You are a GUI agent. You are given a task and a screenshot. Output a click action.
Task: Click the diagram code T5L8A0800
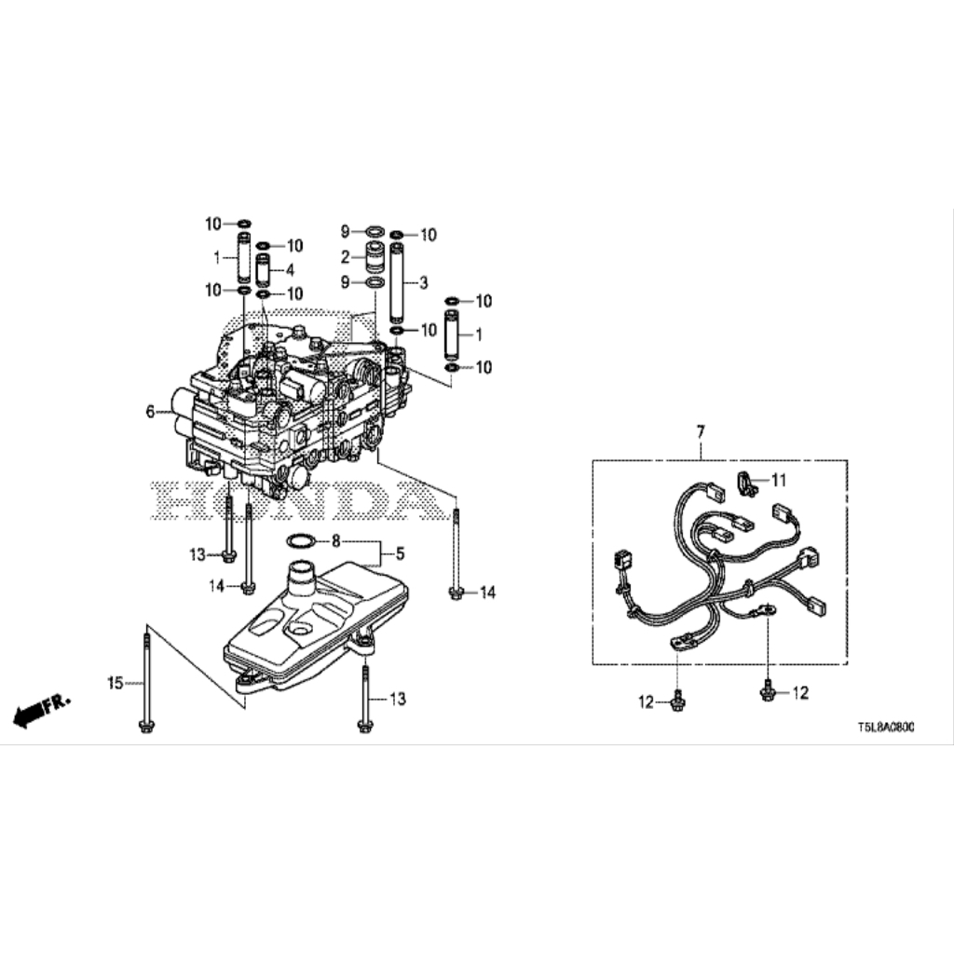coord(885,728)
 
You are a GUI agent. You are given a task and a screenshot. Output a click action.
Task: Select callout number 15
coord(115,683)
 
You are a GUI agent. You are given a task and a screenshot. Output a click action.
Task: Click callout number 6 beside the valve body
coord(150,412)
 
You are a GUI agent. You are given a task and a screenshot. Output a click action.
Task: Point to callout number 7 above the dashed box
coord(701,432)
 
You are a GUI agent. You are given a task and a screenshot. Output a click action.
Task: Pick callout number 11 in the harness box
coord(779,481)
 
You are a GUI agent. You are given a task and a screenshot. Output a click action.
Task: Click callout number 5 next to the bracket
coord(400,553)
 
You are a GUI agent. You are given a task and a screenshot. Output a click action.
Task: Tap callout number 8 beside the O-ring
coord(335,540)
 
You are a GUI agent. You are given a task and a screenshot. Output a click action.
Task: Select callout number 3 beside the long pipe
coord(424,282)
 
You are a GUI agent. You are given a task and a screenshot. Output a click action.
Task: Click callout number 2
coord(345,257)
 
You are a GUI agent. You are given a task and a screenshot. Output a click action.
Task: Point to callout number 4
coord(290,269)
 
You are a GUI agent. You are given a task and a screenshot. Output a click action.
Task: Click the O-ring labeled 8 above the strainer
coord(300,541)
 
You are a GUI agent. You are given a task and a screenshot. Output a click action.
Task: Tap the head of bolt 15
coord(146,726)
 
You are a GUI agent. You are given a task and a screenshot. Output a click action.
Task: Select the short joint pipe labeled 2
coord(375,258)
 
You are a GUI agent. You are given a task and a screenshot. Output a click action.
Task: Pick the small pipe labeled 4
coord(263,269)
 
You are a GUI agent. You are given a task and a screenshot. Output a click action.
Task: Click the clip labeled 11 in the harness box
coord(747,483)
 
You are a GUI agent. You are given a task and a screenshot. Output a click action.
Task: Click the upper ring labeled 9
coord(375,231)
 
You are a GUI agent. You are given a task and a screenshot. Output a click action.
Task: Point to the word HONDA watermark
coord(295,499)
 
